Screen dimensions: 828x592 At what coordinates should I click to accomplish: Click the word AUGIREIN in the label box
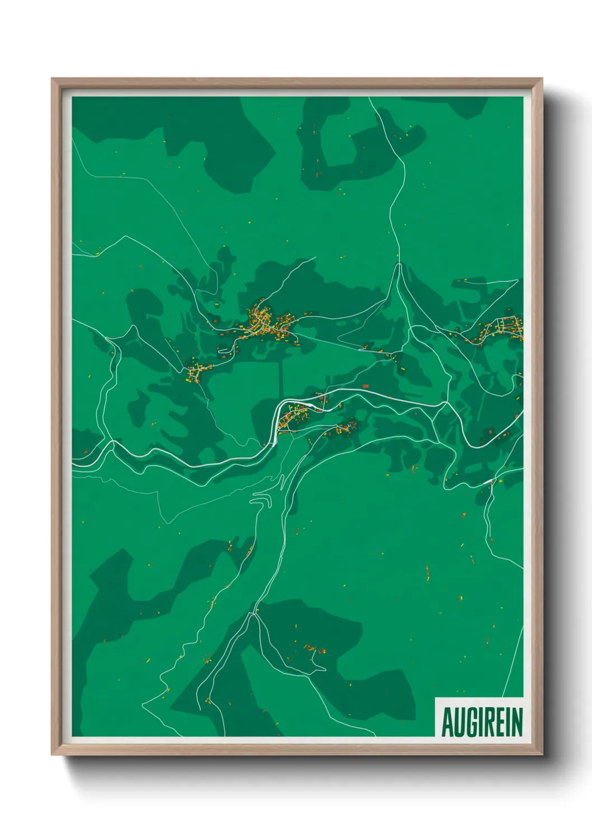point(482,722)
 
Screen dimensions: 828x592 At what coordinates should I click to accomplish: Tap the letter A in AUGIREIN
point(447,722)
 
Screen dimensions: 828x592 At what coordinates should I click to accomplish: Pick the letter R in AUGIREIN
point(488,722)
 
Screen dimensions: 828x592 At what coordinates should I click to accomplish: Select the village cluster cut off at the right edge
point(506,328)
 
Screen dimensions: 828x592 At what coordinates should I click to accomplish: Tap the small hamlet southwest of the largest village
point(195,371)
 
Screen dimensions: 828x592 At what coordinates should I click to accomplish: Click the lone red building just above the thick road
point(366,386)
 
